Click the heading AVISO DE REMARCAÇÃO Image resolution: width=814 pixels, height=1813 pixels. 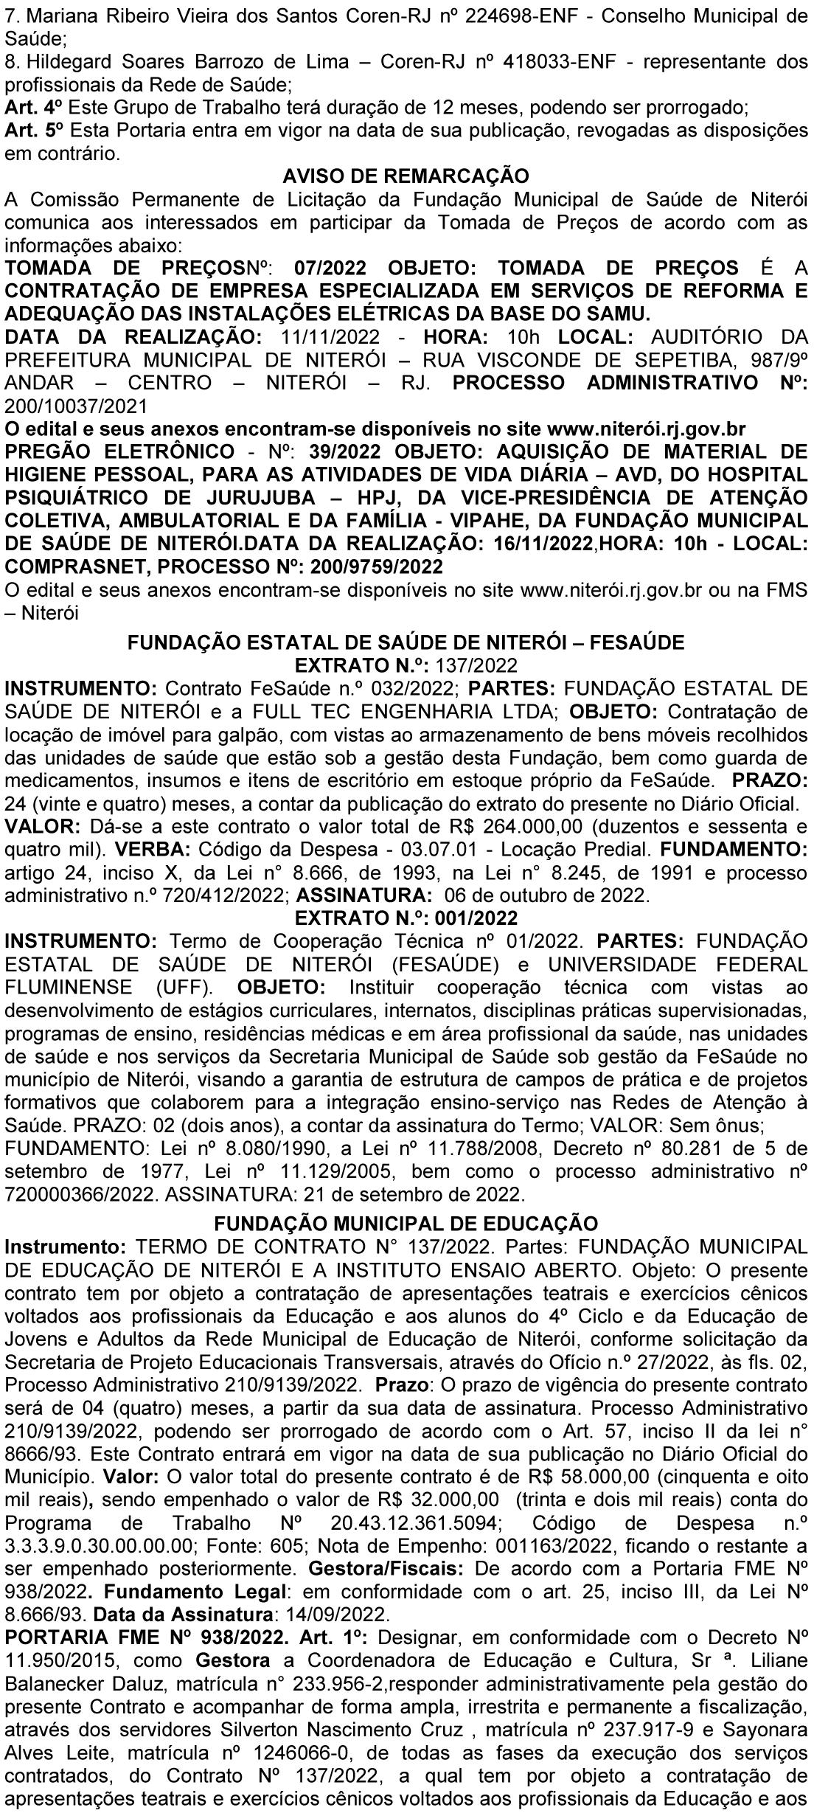[x=406, y=176]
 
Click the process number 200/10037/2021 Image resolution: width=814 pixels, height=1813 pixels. [x=76, y=406]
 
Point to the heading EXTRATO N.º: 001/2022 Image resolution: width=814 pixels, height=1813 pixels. [x=406, y=918]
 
